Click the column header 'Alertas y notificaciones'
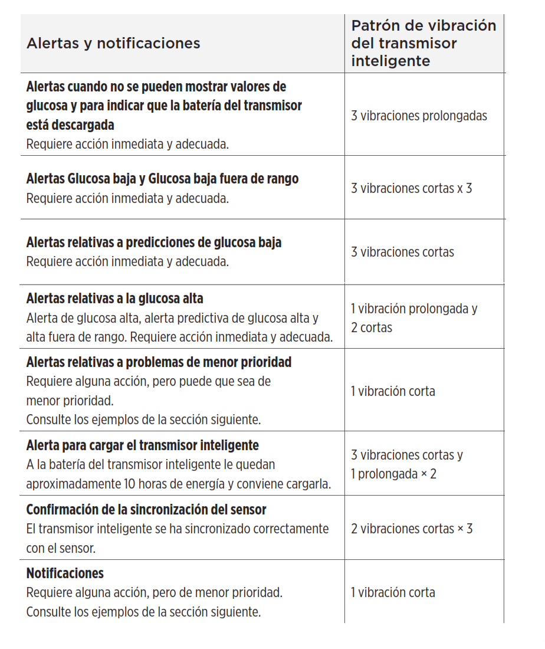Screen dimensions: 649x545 [x=113, y=44]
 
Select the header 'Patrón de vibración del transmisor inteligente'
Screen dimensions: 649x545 [x=423, y=44]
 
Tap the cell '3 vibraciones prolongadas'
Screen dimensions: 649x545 [x=419, y=116]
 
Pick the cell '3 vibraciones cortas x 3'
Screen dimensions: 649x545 [x=411, y=189]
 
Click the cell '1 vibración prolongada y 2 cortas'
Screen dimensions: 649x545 [x=413, y=317]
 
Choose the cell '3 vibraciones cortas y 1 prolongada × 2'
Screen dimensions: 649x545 [x=406, y=464]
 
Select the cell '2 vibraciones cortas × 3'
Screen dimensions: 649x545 [x=411, y=529]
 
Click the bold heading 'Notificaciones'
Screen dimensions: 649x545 [x=65, y=573]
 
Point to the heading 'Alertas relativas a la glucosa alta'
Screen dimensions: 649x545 [x=115, y=299]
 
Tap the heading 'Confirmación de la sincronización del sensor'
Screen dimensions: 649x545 [x=146, y=509]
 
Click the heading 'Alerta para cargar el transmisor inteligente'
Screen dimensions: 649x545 [x=143, y=445]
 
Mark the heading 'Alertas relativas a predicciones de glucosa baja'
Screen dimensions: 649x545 [x=154, y=242]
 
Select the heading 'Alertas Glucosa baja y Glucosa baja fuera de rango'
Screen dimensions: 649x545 [x=162, y=179]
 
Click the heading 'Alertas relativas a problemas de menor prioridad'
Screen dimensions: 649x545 [x=159, y=362]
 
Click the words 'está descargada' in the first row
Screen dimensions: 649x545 [x=70, y=125]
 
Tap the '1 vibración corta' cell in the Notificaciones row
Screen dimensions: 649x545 [x=393, y=592]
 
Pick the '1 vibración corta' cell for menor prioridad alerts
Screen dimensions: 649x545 [x=393, y=391]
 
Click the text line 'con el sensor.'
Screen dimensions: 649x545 [x=61, y=548]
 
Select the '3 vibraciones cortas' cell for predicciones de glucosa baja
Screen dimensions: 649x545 [x=402, y=253]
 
